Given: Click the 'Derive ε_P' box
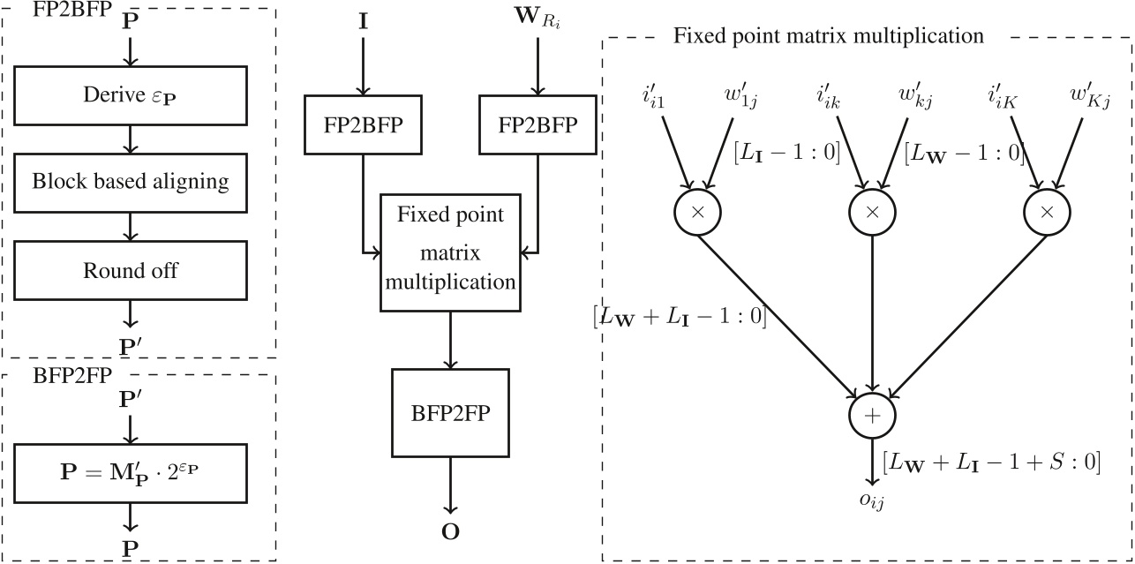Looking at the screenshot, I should click(x=131, y=95).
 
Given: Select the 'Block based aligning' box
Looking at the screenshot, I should click(x=131, y=182).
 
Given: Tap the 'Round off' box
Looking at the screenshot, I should click(x=131, y=270).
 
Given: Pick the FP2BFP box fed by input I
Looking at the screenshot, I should click(x=362, y=124).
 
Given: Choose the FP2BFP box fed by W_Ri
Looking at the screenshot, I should click(x=536, y=124).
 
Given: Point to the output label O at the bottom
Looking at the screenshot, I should click(x=451, y=532).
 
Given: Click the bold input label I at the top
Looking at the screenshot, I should click(x=363, y=19).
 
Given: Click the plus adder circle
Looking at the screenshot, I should click(x=872, y=416).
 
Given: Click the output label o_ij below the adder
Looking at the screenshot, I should click(x=872, y=500).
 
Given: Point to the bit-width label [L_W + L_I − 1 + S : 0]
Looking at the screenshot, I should click(x=990, y=462).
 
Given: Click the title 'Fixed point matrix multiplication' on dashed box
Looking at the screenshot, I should click(x=828, y=36).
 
